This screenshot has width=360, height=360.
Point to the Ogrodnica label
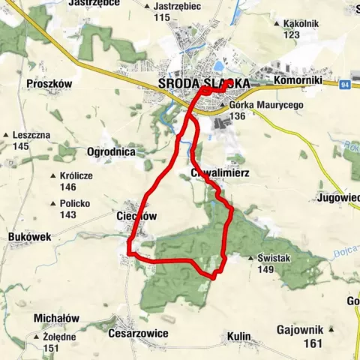(x=111, y=151)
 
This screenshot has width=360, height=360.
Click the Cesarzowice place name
(x=138, y=333)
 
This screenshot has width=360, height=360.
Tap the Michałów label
(x=57, y=318)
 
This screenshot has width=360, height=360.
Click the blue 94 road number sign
(x=345, y=83)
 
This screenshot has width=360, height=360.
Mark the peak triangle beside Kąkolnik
(x=278, y=24)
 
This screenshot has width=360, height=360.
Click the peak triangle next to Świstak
(x=250, y=259)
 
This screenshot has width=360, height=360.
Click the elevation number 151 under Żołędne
(x=51, y=348)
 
